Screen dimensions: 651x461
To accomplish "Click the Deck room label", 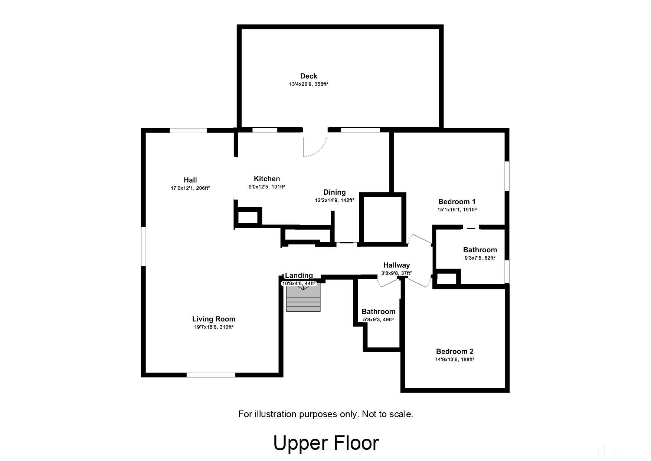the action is pos(308,76).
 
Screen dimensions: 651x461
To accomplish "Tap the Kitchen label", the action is pos(266,179).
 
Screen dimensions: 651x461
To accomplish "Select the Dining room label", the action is pos(334,192).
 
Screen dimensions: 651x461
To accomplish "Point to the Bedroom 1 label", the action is pos(457,202).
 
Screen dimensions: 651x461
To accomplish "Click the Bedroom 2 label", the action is pos(455,351).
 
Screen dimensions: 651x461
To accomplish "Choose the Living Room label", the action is pos(213,319).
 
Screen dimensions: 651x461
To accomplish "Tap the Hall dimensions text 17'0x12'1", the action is pos(182,188).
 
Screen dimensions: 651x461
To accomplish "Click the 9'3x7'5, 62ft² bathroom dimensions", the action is pos(480,258).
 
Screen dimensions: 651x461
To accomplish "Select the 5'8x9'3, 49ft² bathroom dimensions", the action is pos(378,319).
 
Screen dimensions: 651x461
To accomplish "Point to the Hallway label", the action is pos(396,265).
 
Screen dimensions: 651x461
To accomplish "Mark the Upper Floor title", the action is pos(326,443).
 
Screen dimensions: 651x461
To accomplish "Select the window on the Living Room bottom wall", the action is pos(211,375).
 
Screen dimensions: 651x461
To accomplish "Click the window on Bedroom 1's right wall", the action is pos(507,176).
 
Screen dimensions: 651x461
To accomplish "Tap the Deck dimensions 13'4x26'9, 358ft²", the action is pos(308,84).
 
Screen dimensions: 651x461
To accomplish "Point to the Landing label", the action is pos(299,275).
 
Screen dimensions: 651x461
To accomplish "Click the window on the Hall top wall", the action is pos(188,130).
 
